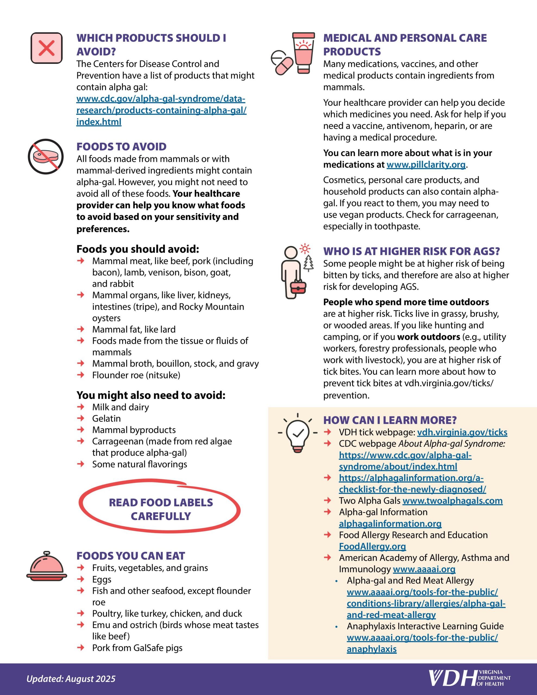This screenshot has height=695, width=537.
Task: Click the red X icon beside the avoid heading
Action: [x=46, y=48]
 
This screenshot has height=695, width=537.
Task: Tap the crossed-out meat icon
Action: [x=46, y=156]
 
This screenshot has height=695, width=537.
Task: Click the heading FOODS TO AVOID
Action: [x=121, y=147]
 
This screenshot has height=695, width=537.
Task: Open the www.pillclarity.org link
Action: [x=426, y=165]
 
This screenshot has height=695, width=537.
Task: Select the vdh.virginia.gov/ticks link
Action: [x=462, y=432]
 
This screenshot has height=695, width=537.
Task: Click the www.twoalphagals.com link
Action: [x=452, y=501]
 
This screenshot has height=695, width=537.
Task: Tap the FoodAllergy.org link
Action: [x=372, y=546]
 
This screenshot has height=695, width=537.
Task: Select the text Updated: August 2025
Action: [x=71, y=679]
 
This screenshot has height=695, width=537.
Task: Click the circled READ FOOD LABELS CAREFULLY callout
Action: [x=160, y=509]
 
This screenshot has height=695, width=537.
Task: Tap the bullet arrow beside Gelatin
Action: [x=81, y=418]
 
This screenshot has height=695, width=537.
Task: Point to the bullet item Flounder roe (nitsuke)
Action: [x=136, y=375]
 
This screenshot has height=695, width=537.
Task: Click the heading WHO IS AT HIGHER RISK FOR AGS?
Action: [x=412, y=251]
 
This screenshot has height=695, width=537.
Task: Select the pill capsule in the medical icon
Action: [x=284, y=66]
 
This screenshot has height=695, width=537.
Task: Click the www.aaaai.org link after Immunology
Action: [x=424, y=569]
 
